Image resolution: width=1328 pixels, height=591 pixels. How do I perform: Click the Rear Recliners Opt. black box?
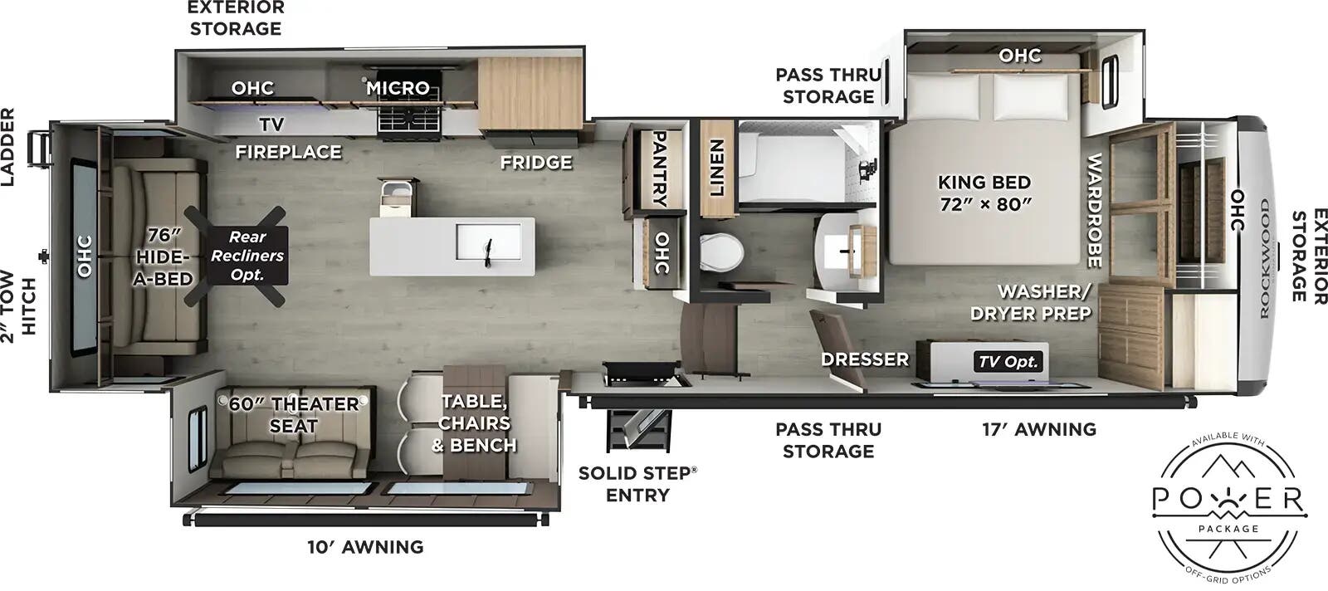tap(247, 256)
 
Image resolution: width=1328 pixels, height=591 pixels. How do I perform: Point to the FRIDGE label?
tap(535, 163)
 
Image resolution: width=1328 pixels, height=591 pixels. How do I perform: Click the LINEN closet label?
tap(716, 167)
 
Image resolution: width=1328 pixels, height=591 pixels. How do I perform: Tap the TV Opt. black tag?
tap(1008, 361)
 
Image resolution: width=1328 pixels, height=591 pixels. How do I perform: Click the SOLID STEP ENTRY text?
tap(637, 484)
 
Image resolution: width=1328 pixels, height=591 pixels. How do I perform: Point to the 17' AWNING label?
tap(1039, 429)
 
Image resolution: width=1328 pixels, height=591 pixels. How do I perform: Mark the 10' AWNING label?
tap(365, 547)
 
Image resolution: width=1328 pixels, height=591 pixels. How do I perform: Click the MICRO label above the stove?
tap(398, 87)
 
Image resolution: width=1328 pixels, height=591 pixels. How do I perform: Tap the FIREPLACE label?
tap(288, 152)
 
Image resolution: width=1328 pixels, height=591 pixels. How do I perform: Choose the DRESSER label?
tap(865, 359)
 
